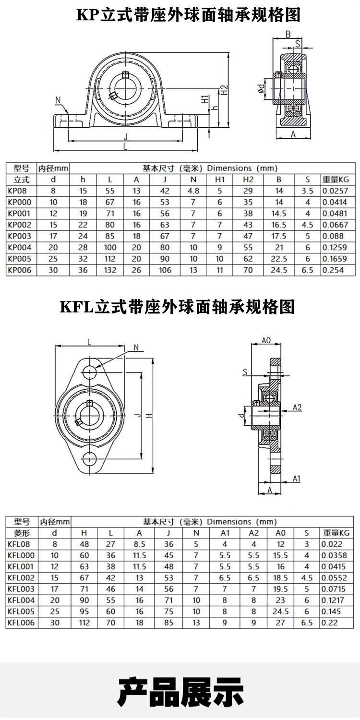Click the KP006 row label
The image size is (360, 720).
point(20,270)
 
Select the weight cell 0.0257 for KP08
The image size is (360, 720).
point(335,191)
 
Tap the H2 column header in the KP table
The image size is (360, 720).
point(248,180)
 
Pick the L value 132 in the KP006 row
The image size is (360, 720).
point(110,270)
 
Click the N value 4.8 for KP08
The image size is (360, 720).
point(193,191)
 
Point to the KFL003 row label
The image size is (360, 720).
point(21,589)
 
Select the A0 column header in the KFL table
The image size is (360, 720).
point(280,533)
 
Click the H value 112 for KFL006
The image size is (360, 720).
point(84,623)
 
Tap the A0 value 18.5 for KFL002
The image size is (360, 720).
point(280,577)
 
